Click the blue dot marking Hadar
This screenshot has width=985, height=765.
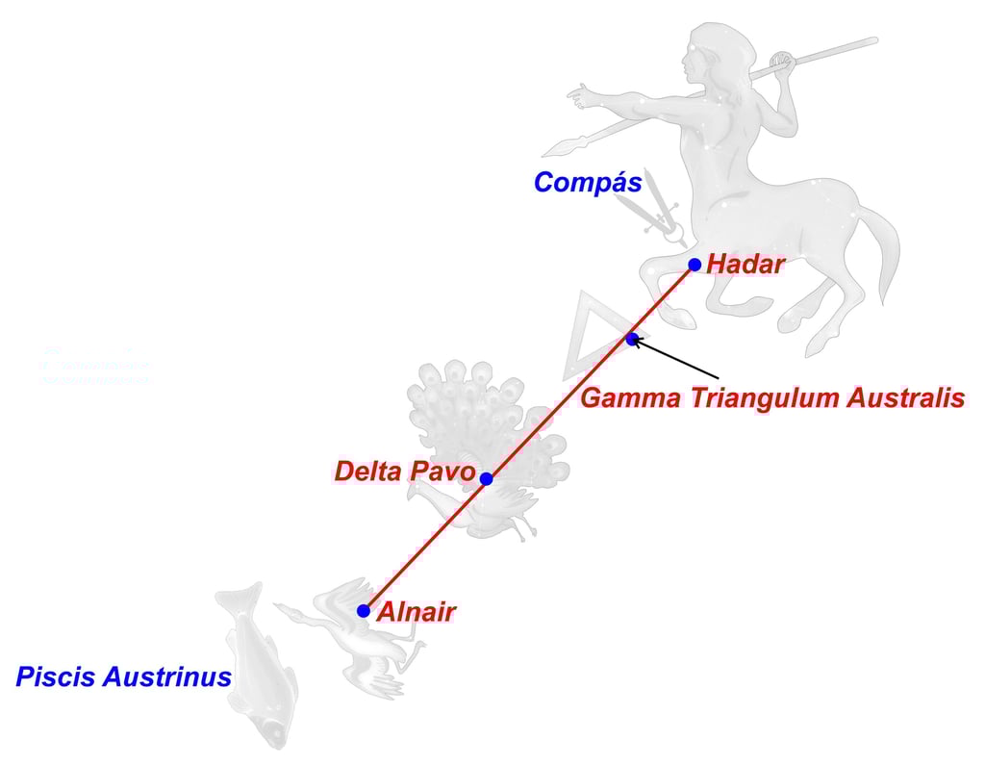click(x=695, y=265)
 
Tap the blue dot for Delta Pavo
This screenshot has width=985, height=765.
click(x=487, y=478)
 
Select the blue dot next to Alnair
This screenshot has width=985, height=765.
click(x=363, y=611)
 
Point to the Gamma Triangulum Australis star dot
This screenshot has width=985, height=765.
click(x=632, y=339)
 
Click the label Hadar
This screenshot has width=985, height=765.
click(x=745, y=265)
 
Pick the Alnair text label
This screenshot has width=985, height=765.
click(x=416, y=612)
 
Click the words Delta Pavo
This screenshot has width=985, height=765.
click(x=405, y=472)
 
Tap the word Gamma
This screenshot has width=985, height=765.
click(x=627, y=398)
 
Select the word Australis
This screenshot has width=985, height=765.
click(x=905, y=398)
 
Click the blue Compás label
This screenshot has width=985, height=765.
click(x=588, y=183)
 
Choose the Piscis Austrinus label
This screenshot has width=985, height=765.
click(x=123, y=677)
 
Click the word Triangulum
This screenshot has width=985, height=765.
click(x=760, y=398)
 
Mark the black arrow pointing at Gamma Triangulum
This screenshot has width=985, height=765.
click(x=675, y=357)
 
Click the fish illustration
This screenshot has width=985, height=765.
click(x=256, y=664)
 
